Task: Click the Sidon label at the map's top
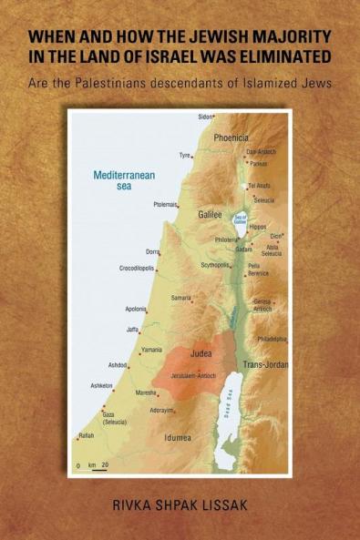pos(206,117)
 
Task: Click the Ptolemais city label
pos(164,205)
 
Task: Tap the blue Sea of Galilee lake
pos(243,218)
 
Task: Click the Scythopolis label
pos(215,265)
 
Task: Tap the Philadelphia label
pos(272,338)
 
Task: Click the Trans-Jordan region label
pos(265,364)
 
